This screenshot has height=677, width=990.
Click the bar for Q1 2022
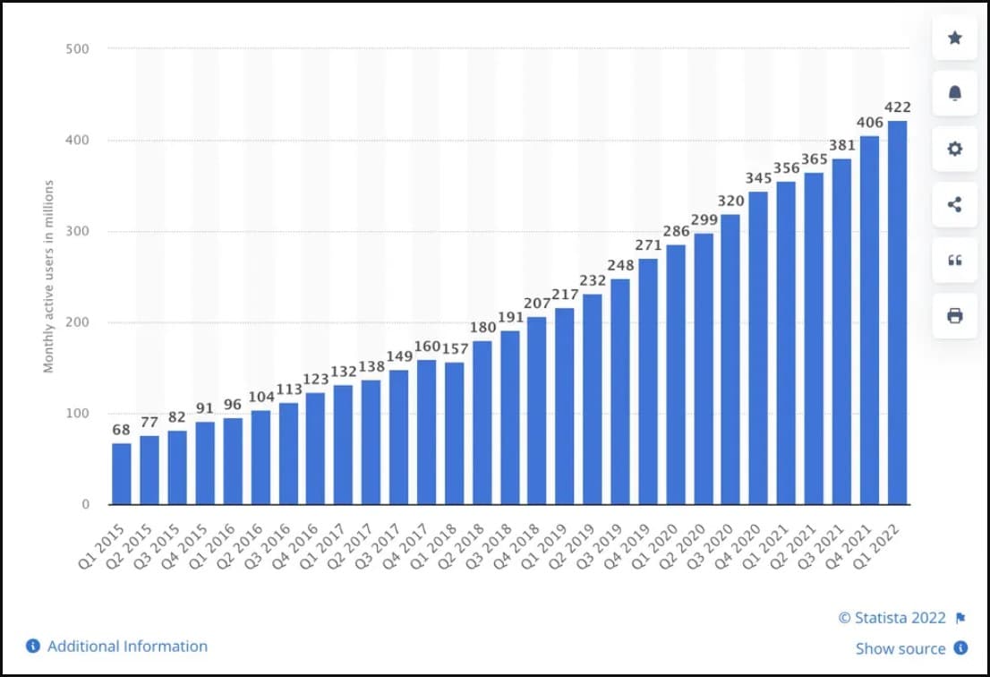tap(897, 313)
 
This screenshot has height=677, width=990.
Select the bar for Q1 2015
tap(122, 474)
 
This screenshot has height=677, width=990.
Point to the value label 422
tap(897, 107)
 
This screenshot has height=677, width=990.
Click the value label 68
tap(122, 430)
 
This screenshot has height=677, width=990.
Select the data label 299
tap(704, 220)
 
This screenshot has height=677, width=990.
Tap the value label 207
tap(537, 304)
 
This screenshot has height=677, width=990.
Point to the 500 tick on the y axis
tap(78, 48)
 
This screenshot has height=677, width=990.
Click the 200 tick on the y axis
tap(78, 322)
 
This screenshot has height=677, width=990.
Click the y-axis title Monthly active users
tap(49, 277)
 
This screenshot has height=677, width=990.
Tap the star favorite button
tap(954, 38)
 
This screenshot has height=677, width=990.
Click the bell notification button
tap(954, 93)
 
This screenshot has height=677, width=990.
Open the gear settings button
tap(954, 149)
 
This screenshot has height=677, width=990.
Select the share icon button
tap(954, 204)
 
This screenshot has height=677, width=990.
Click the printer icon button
tap(954, 315)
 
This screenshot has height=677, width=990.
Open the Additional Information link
tap(127, 646)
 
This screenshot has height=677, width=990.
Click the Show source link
tap(900, 648)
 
